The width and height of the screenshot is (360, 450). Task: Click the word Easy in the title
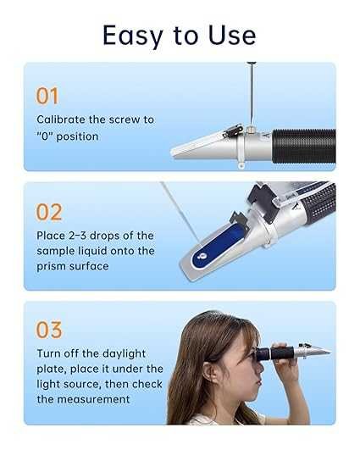pos(133,36)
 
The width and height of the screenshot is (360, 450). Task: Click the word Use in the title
pos(232,35)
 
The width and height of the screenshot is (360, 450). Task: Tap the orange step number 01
pos(47,96)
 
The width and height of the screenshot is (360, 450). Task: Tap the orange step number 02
pos(49,213)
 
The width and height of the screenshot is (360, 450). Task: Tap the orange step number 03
pos(49,330)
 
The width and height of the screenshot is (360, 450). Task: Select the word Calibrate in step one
pos(61,119)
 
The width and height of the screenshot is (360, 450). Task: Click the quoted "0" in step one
pos(44,136)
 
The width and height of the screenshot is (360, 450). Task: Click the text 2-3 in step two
pos(77,236)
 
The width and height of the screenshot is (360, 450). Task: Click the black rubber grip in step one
pos(303,147)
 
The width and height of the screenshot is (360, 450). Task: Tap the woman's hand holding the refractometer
pos(284,363)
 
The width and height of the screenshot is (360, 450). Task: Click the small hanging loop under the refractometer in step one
pos(241,165)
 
